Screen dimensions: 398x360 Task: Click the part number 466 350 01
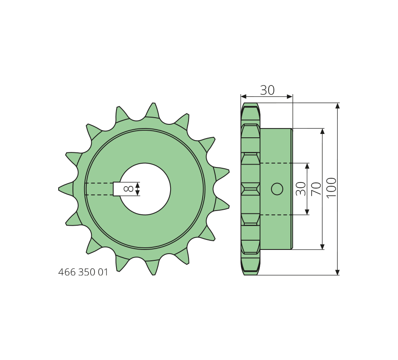[83, 272]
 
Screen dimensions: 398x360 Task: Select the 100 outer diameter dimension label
[331, 188]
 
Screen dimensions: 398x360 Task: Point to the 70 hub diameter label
[316, 188]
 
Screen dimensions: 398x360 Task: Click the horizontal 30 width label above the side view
[267, 90]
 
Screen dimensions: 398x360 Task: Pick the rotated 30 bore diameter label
[301, 188]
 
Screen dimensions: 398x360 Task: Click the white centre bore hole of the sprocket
[145, 189]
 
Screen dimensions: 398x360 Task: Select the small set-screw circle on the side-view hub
[277, 189]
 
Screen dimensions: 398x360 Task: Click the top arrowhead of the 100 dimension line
[337, 105]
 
